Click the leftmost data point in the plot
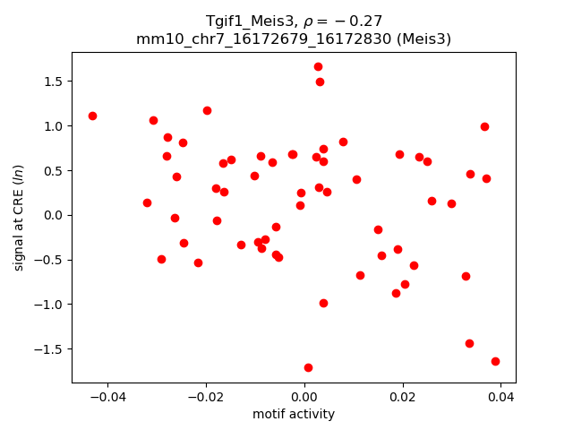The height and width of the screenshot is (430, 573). (92, 116)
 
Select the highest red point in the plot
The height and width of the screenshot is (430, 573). (318, 66)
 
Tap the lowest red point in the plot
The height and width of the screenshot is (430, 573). (308, 367)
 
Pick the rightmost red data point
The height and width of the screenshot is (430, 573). (495, 361)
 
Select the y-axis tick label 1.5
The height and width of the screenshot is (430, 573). (52, 82)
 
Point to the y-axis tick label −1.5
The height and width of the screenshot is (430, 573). (48, 349)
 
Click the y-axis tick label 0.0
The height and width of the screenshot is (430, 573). (52, 215)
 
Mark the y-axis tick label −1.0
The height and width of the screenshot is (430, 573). (48, 305)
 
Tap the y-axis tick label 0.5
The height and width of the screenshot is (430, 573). (52, 170)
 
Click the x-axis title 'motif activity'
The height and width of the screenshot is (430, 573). (294, 414)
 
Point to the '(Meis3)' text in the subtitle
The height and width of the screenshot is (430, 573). (423, 39)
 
